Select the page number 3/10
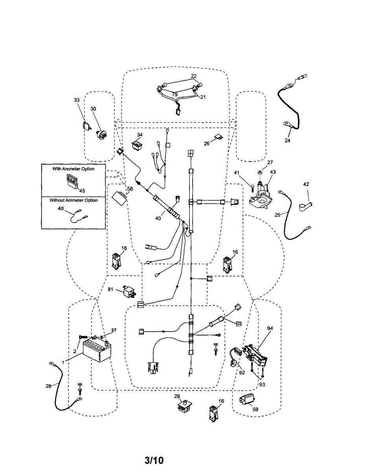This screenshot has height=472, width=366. point(154,460)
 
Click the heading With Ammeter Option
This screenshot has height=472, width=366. point(74,169)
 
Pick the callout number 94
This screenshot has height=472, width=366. point(270,328)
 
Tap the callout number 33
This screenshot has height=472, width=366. point(76,100)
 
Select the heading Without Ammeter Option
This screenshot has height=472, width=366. point(74,200)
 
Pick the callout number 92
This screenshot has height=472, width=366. point(242,372)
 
